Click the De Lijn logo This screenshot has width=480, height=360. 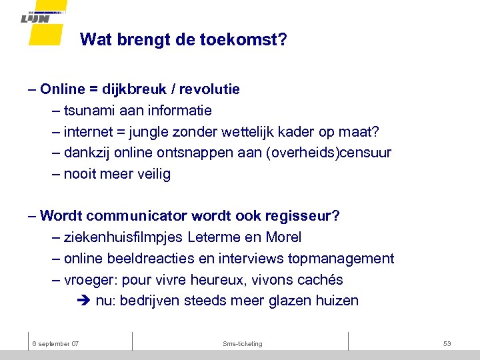pos(45,19)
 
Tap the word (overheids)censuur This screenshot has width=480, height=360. pos(329,153)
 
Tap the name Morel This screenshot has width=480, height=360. pos(283,237)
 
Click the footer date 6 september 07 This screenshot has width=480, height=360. pos(55,343)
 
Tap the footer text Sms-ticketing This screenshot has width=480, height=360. pos(243,343)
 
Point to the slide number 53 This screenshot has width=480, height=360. pos(447,343)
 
